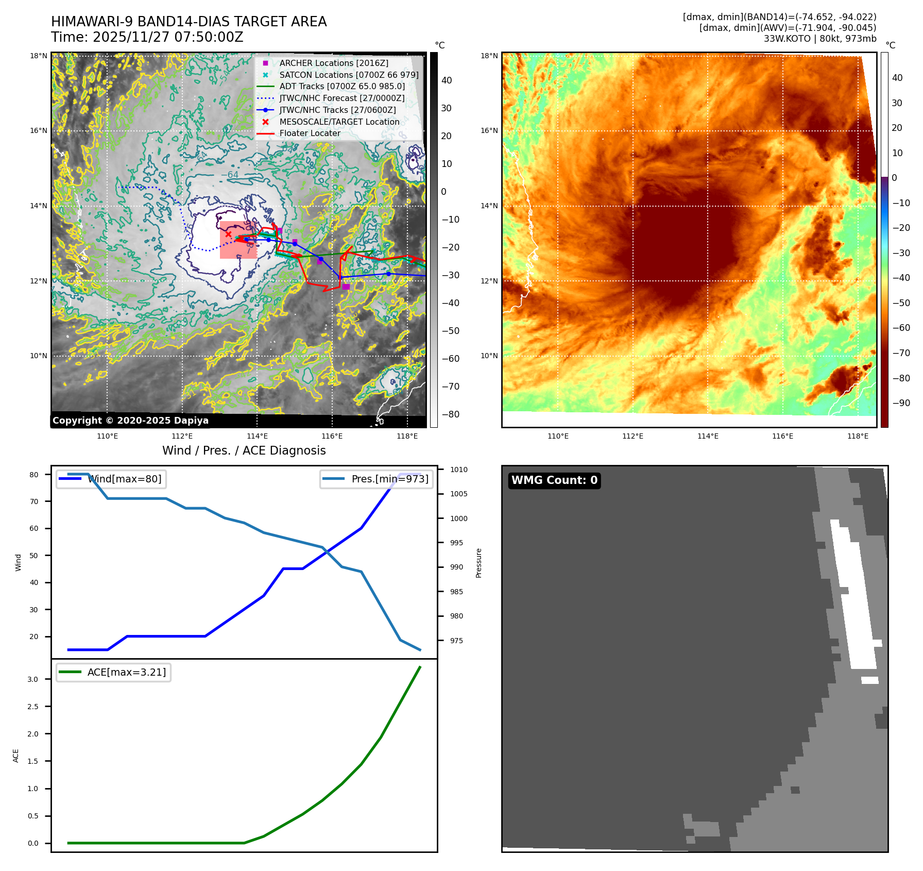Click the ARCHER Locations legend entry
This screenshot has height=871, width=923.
point(334,63)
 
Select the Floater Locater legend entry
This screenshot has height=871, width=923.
point(310,133)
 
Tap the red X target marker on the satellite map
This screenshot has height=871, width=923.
point(228,234)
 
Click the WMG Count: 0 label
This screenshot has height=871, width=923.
point(554,480)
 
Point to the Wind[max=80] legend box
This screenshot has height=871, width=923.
point(111,479)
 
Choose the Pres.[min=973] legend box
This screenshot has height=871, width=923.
point(377,479)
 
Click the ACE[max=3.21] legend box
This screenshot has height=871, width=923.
point(114,672)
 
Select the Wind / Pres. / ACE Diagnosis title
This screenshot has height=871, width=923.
point(244,450)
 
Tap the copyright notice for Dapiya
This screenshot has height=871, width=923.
point(130,421)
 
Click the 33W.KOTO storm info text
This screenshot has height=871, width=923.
point(819,39)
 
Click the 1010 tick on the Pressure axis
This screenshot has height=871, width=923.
point(458,470)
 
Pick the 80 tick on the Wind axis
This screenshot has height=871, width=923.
point(34,475)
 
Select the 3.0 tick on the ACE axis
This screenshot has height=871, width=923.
point(33,679)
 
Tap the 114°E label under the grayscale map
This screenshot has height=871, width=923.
point(257,436)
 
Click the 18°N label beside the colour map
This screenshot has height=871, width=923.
point(489,56)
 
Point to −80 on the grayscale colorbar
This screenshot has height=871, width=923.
point(450,414)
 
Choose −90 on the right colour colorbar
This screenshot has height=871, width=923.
point(901,403)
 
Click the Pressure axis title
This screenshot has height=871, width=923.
point(478,563)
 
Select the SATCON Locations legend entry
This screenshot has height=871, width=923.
point(349,75)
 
